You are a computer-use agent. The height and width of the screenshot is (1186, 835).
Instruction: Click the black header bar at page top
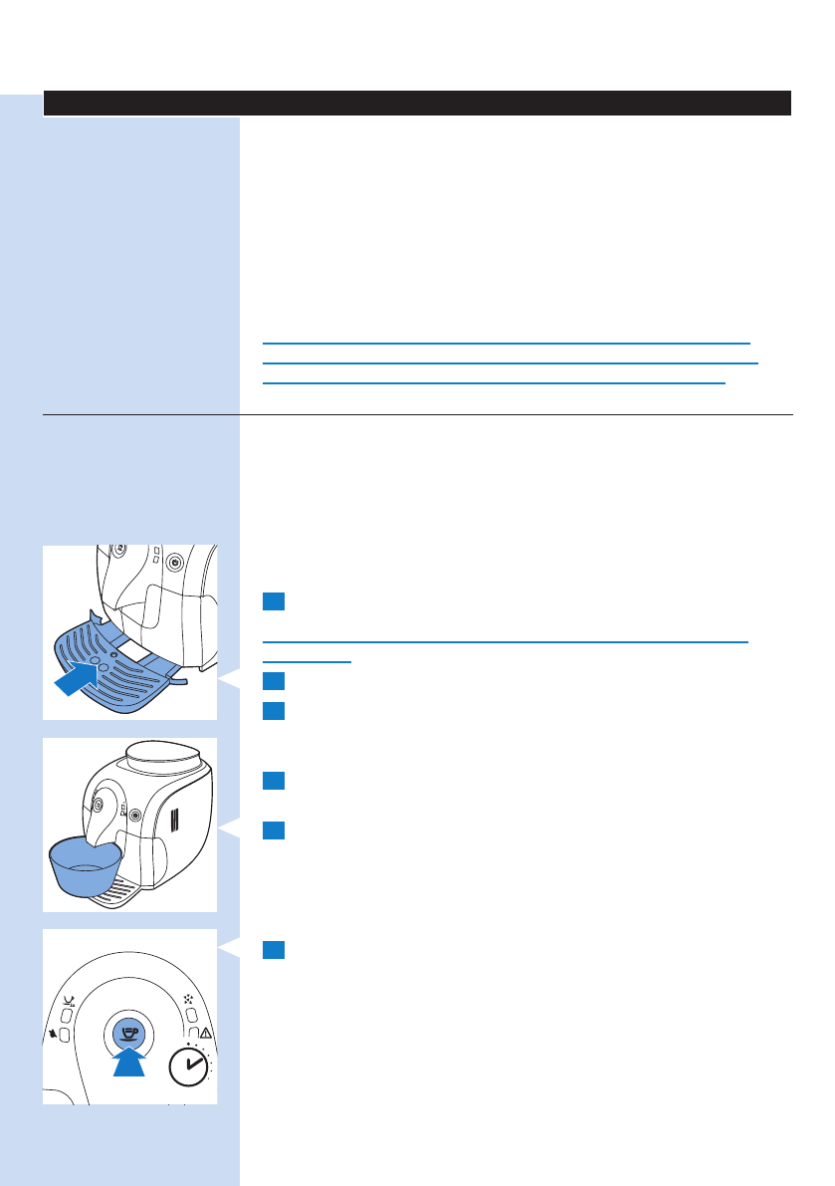417,103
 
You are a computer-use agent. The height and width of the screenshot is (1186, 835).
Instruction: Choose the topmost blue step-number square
274,600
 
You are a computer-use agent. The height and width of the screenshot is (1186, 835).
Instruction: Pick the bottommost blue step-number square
274,950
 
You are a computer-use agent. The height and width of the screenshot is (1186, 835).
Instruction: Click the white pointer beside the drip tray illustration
228,681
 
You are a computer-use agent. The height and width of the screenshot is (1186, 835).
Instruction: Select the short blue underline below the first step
307,660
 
